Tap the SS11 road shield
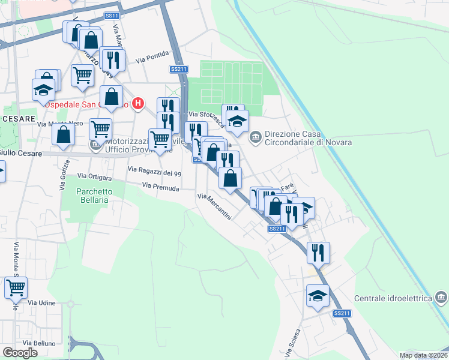click(x=110, y=16)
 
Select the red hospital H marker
click(x=139, y=103)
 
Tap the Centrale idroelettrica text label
click(x=393, y=298)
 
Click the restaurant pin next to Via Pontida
click(x=112, y=59)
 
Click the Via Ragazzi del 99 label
click(x=154, y=173)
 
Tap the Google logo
click(x=20, y=353)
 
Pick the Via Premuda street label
click(x=160, y=188)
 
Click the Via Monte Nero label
click(x=60, y=124)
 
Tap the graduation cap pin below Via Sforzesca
click(x=238, y=121)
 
